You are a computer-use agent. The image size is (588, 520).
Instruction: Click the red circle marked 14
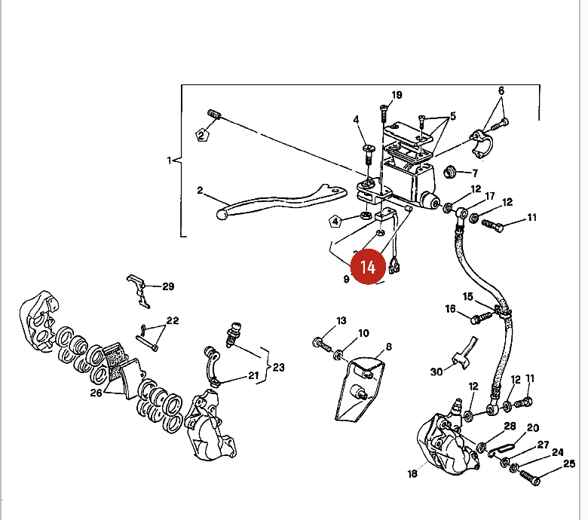click(368, 267)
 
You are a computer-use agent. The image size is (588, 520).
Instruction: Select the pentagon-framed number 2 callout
click(202, 135)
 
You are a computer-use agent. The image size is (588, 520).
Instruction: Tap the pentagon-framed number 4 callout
click(335, 222)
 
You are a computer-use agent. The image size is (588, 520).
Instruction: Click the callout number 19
click(397, 95)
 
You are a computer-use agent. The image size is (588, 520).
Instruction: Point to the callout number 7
click(475, 173)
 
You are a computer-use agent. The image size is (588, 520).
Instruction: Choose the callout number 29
click(168, 286)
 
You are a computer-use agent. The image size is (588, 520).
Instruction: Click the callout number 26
click(96, 393)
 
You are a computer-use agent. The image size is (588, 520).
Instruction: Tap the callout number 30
click(436, 372)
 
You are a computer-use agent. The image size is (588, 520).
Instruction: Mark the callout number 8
click(389, 347)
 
